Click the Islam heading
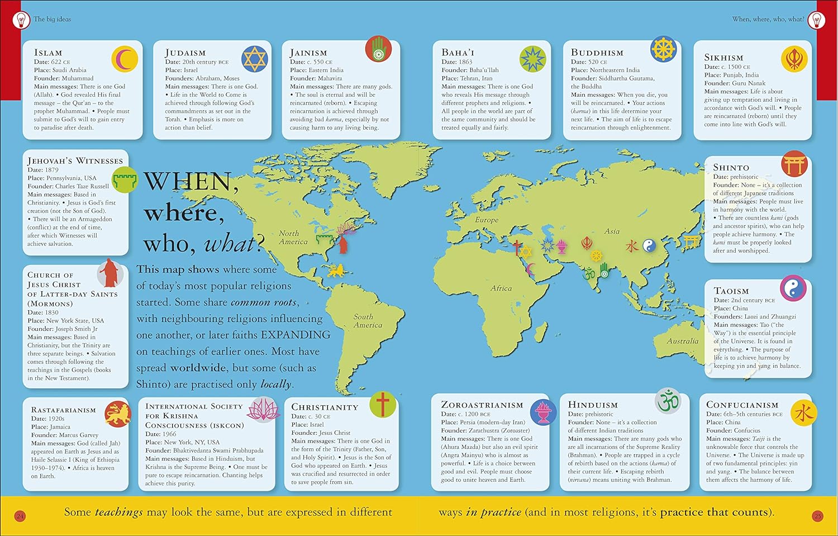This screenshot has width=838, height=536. [48, 53]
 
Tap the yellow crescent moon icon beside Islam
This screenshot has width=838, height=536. [125, 59]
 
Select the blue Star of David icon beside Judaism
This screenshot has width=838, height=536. [255, 58]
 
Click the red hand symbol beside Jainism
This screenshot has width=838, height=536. [378, 49]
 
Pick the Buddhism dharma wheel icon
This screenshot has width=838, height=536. [664, 49]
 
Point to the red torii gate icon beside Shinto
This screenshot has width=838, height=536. [794, 164]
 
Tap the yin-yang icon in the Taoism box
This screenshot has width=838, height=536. [793, 289]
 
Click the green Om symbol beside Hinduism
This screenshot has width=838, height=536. [668, 401]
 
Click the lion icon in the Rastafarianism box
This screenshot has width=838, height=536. [118, 414]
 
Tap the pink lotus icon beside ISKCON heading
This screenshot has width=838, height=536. [263, 410]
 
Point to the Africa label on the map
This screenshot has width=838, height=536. [501, 288]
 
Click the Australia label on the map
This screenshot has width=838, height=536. [682, 341]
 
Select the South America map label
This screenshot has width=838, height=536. [368, 321]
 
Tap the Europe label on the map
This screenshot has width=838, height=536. [487, 220]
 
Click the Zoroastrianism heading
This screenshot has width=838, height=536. [482, 405]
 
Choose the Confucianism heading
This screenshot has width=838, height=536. [742, 405]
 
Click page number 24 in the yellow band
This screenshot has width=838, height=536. [20, 516]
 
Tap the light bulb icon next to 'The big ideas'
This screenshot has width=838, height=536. [21, 21]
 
